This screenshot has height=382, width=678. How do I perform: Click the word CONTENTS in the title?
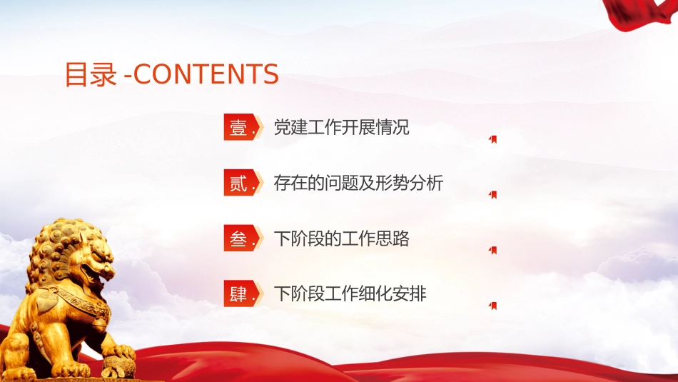206,74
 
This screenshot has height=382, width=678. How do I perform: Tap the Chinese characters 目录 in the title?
91,74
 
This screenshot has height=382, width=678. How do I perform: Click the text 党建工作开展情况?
341,127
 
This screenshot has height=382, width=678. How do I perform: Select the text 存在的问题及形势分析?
358,183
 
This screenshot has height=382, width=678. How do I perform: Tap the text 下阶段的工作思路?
341,238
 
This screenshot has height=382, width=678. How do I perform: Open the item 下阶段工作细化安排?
350,293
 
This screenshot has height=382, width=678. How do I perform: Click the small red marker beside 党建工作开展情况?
493,139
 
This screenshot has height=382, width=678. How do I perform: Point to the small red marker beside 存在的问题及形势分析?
493,195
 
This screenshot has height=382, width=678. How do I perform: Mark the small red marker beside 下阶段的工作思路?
493,250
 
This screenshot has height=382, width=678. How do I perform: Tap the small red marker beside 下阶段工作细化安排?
493,306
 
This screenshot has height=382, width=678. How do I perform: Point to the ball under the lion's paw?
118,366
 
